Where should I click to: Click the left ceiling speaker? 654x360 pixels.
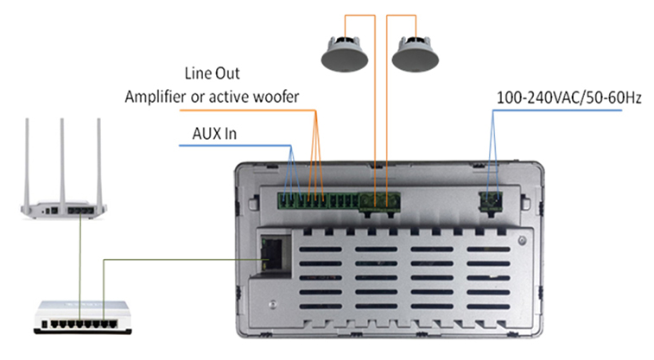[x=346, y=54]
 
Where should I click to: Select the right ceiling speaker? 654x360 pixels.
[x=416, y=54]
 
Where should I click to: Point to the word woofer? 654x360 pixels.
[x=274, y=96]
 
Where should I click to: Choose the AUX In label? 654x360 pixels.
[x=214, y=135]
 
